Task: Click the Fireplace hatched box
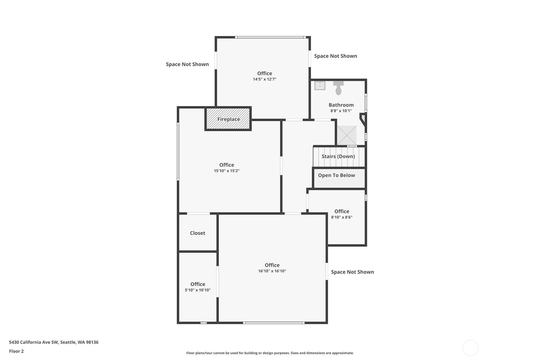coord(228,119)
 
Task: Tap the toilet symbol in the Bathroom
coord(339,88)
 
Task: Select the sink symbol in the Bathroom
coord(320,86)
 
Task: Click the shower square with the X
coord(347,135)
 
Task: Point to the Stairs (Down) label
coord(338,156)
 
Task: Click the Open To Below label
coord(337,175)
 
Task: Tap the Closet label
coord(197,233)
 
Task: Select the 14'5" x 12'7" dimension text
coord(264,79)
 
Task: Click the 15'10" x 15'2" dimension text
coord(227,171)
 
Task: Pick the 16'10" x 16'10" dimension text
coord(272,271)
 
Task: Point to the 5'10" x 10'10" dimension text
coord(198,290)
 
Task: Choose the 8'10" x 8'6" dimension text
coord(342,217)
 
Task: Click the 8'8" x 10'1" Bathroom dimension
coord(341,111)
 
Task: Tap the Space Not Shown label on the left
coord(187,64)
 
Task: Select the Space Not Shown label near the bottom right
coord(353,272)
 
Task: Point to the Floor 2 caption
coord(17,351)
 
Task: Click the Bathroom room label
coord(341,105)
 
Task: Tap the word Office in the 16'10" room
coord(272,265)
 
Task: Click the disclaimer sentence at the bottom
coord(270,353)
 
